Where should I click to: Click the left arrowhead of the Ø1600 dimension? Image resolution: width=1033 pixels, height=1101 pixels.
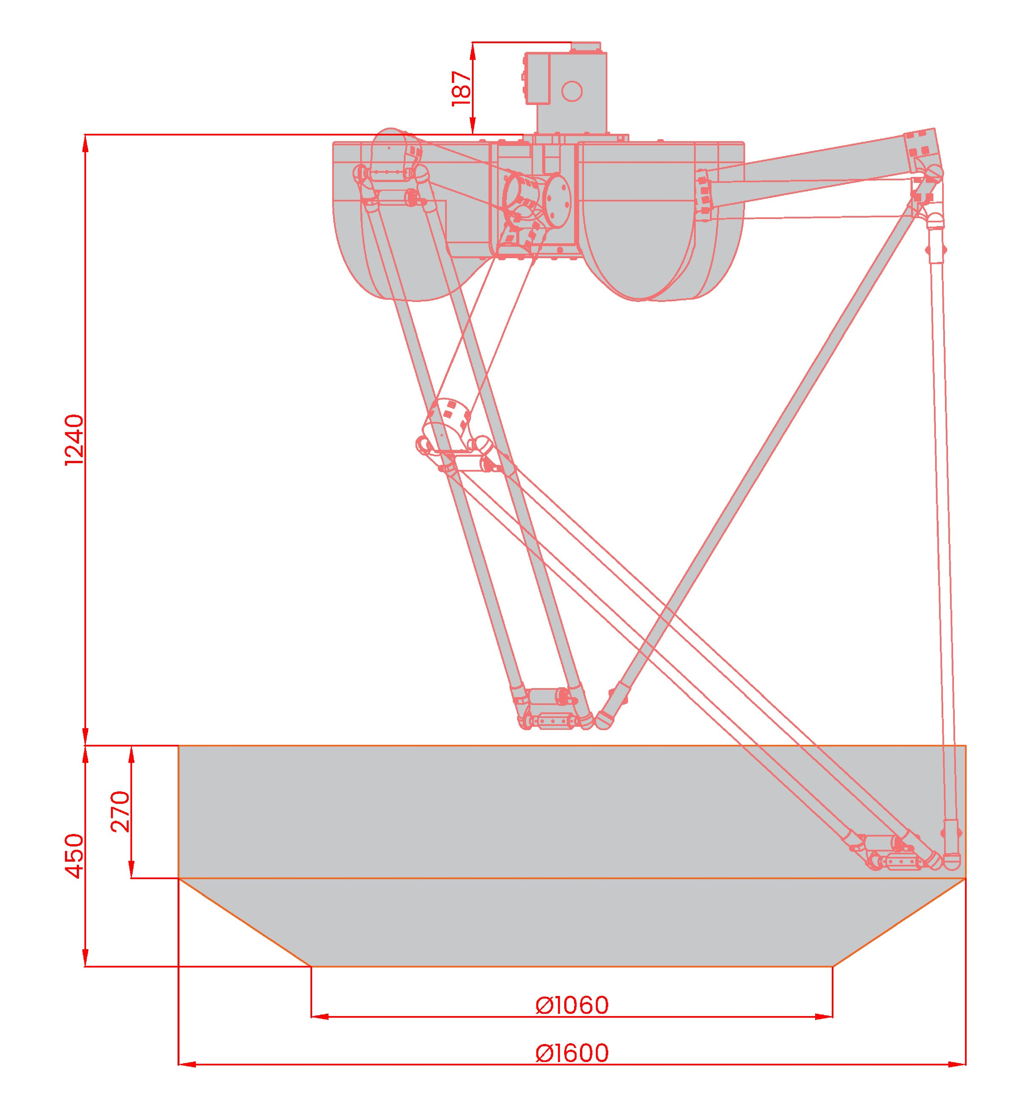pos(187,1064)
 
